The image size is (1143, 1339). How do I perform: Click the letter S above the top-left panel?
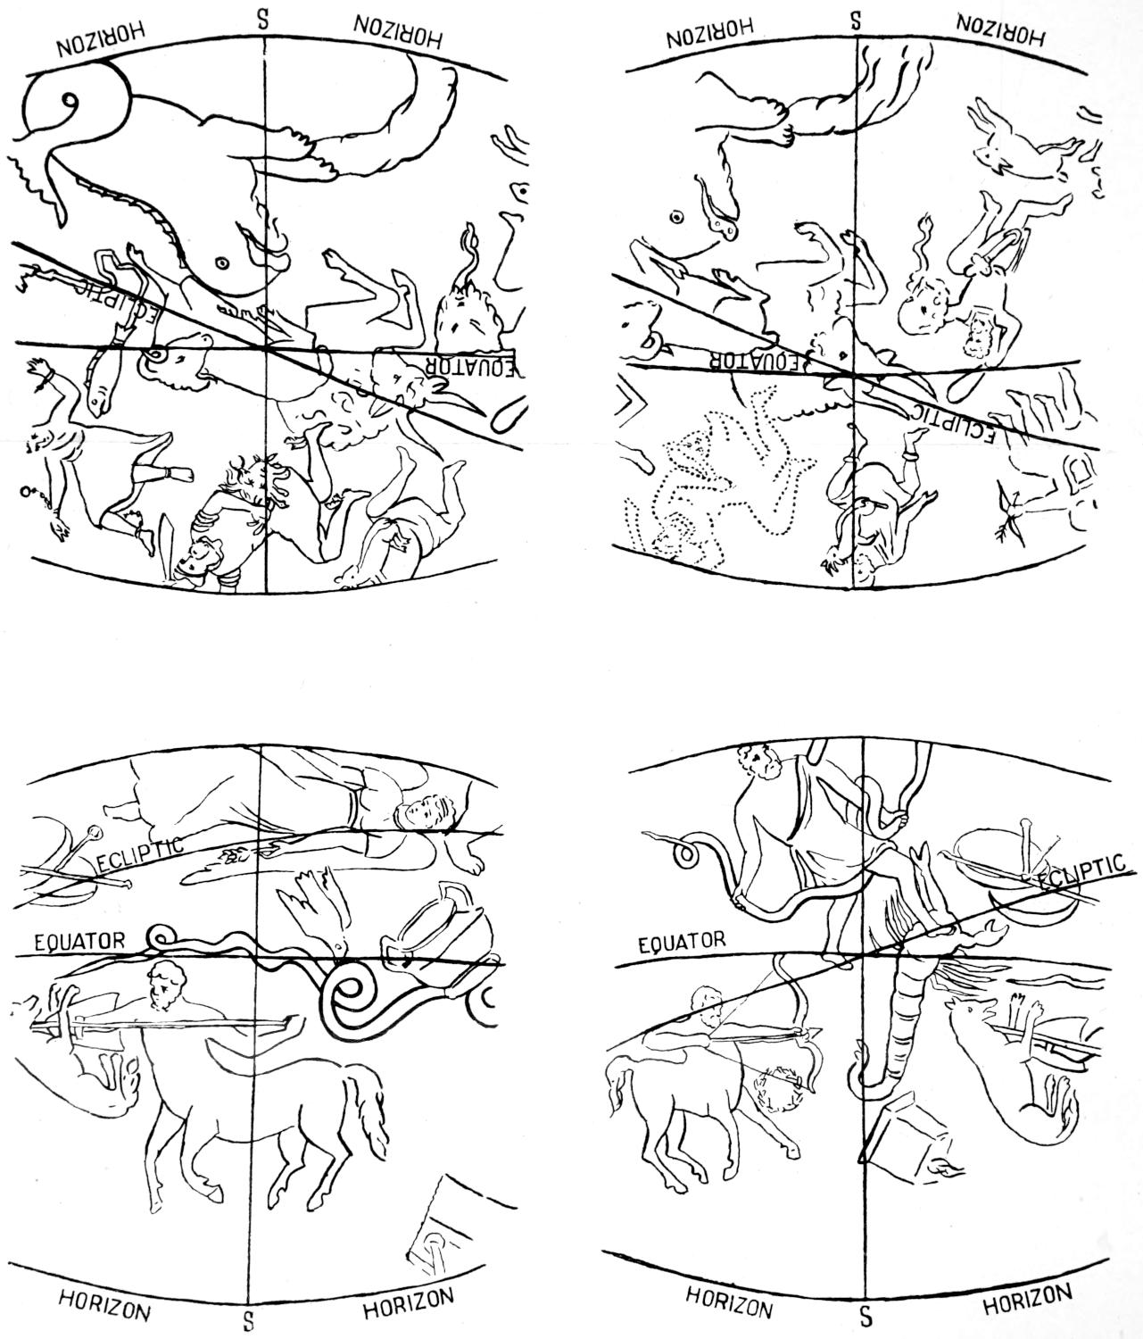tap(262, 20)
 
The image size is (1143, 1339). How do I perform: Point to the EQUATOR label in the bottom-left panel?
tap(79, 941)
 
